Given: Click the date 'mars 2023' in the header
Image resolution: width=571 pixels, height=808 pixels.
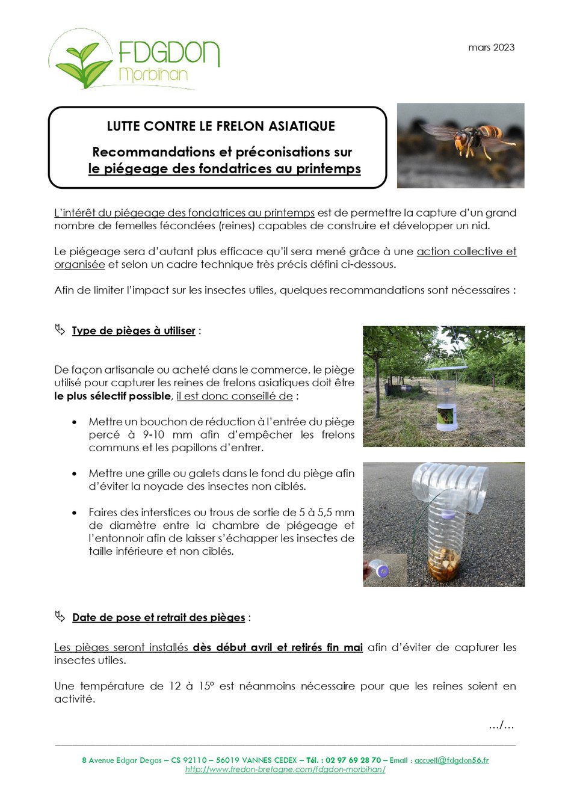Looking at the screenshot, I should pos(491,48).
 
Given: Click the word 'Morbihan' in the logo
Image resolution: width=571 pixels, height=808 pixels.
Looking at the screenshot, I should pos(153,75).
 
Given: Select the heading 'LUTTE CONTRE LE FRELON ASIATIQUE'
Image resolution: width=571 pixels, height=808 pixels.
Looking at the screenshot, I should pos(221,126).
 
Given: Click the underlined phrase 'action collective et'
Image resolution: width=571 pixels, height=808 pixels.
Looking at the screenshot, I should pos(466,251).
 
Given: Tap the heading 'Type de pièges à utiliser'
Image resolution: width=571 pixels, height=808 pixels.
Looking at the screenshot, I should pos(134,331).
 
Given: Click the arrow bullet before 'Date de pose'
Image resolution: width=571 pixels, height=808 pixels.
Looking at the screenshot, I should pos(60,617).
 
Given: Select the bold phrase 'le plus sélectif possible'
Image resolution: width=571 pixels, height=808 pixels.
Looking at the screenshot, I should pos(113,396).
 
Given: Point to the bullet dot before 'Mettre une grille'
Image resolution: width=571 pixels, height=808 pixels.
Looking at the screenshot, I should pos(74,474).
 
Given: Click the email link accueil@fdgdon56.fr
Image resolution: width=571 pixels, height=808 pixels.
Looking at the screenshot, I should pos(451,760).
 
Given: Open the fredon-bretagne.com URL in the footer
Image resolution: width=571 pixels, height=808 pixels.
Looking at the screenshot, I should pos(285,769).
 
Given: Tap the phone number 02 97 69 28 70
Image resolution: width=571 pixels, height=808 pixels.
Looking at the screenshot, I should pos(353,760).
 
